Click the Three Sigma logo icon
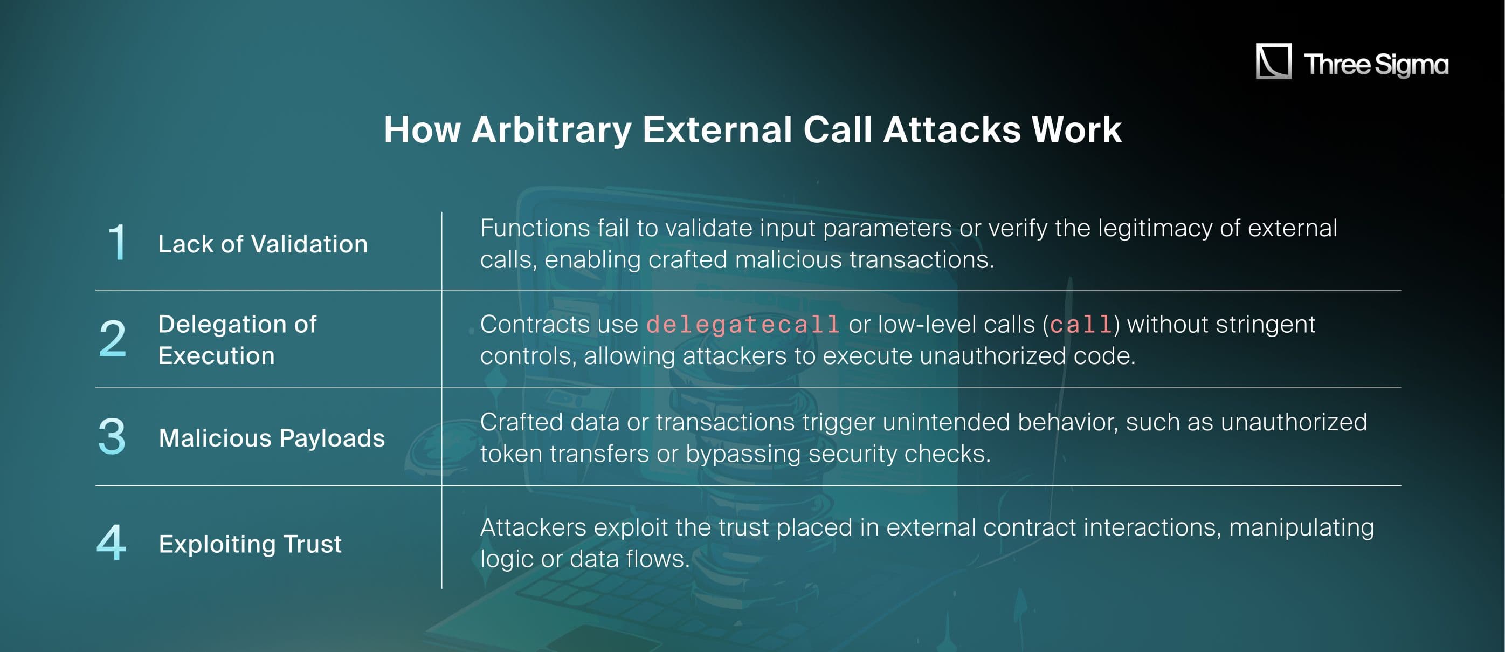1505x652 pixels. (1274, 61)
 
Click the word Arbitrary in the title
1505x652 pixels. (551, 130)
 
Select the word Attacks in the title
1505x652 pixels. (952, 130)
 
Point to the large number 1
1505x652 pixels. (117, 242)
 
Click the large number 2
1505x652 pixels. (112, 339)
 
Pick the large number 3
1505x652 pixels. (112, 436)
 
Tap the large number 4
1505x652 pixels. (111, 542)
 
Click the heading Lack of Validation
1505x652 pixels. (263, 244)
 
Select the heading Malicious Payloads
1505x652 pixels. (272, 438)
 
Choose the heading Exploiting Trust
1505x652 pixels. (250, 544)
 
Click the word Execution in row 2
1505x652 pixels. (216, 355)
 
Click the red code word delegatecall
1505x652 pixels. (743, 325)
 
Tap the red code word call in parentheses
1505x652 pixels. (1081, 325)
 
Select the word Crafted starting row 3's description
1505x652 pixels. (521, 422)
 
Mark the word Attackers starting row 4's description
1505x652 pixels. (533, 527)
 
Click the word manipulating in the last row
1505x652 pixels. (1301, 527)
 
